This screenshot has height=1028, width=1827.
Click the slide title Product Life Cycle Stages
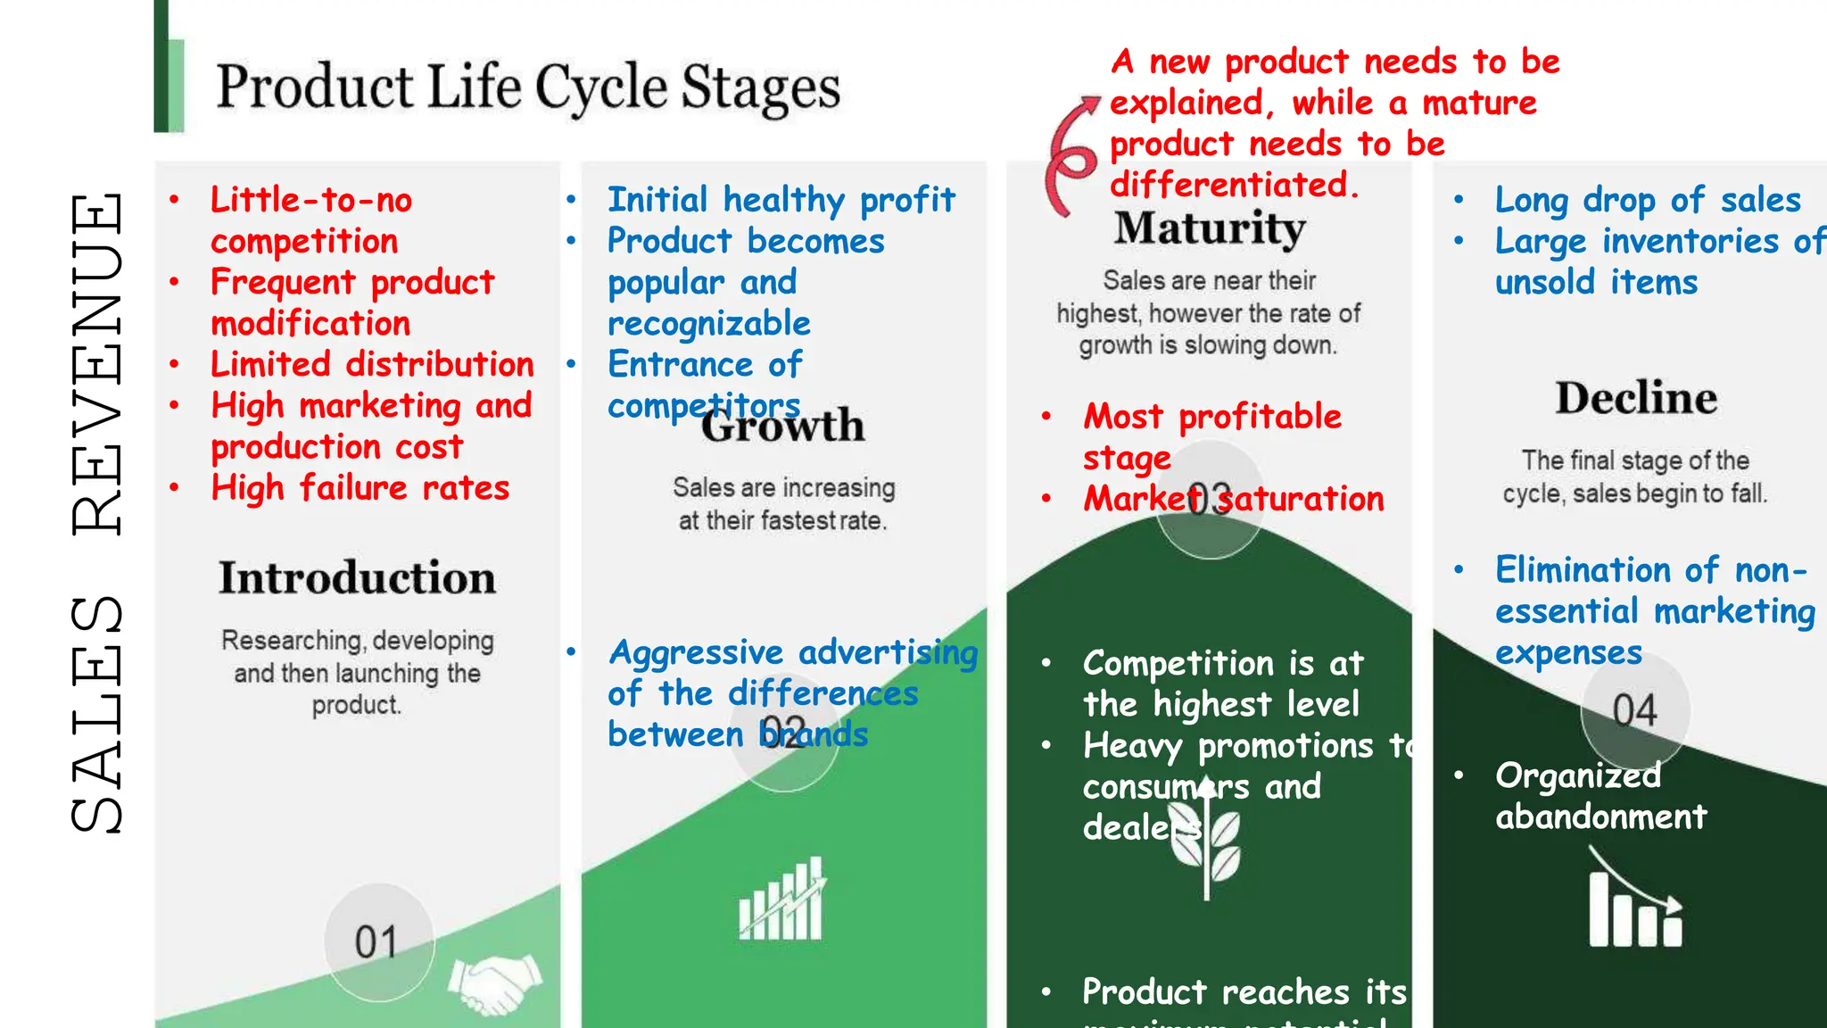[x=528, y=87]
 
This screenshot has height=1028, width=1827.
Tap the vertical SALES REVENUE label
[x=96, y=513]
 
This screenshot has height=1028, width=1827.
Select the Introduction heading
[x=357, y=577]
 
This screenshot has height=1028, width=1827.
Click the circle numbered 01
[x=378, y=941]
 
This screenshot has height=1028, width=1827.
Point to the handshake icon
[x=495, y=982]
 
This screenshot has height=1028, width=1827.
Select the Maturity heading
[x=1210, y=228]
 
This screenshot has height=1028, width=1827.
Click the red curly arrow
[x=1071, y=157]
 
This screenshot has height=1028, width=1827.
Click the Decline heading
[x=1636, y=398]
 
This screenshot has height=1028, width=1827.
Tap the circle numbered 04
[x=1634, y=710]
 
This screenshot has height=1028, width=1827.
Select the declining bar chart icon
[x=1634, y=901]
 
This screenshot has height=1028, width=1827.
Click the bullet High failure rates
[x=360, y=488]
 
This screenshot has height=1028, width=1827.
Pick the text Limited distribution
[x=372, y=364]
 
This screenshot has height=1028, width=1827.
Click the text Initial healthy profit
[x=781, y=200]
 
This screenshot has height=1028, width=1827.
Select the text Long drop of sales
[x=1647, y=200]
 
